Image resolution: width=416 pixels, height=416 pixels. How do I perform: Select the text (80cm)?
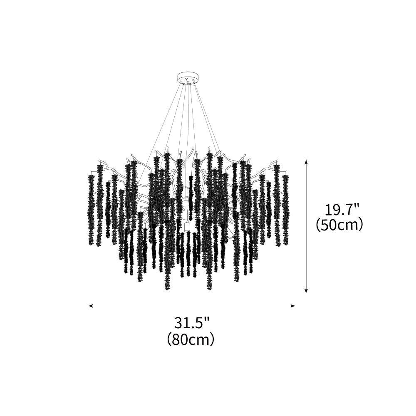pyautogui.click(x=191, y=339)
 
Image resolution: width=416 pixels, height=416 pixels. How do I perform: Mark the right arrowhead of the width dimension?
pyautogui.click(x=293, y=306)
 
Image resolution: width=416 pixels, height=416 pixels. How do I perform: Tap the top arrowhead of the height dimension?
pyautogui.click(x=306, y=161)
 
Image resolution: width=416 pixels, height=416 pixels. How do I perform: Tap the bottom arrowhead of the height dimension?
pyautogui.click(x=306, y=290)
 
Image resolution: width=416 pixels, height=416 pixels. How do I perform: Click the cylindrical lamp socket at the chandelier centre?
pyautogui.click(x=187, y=226)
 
